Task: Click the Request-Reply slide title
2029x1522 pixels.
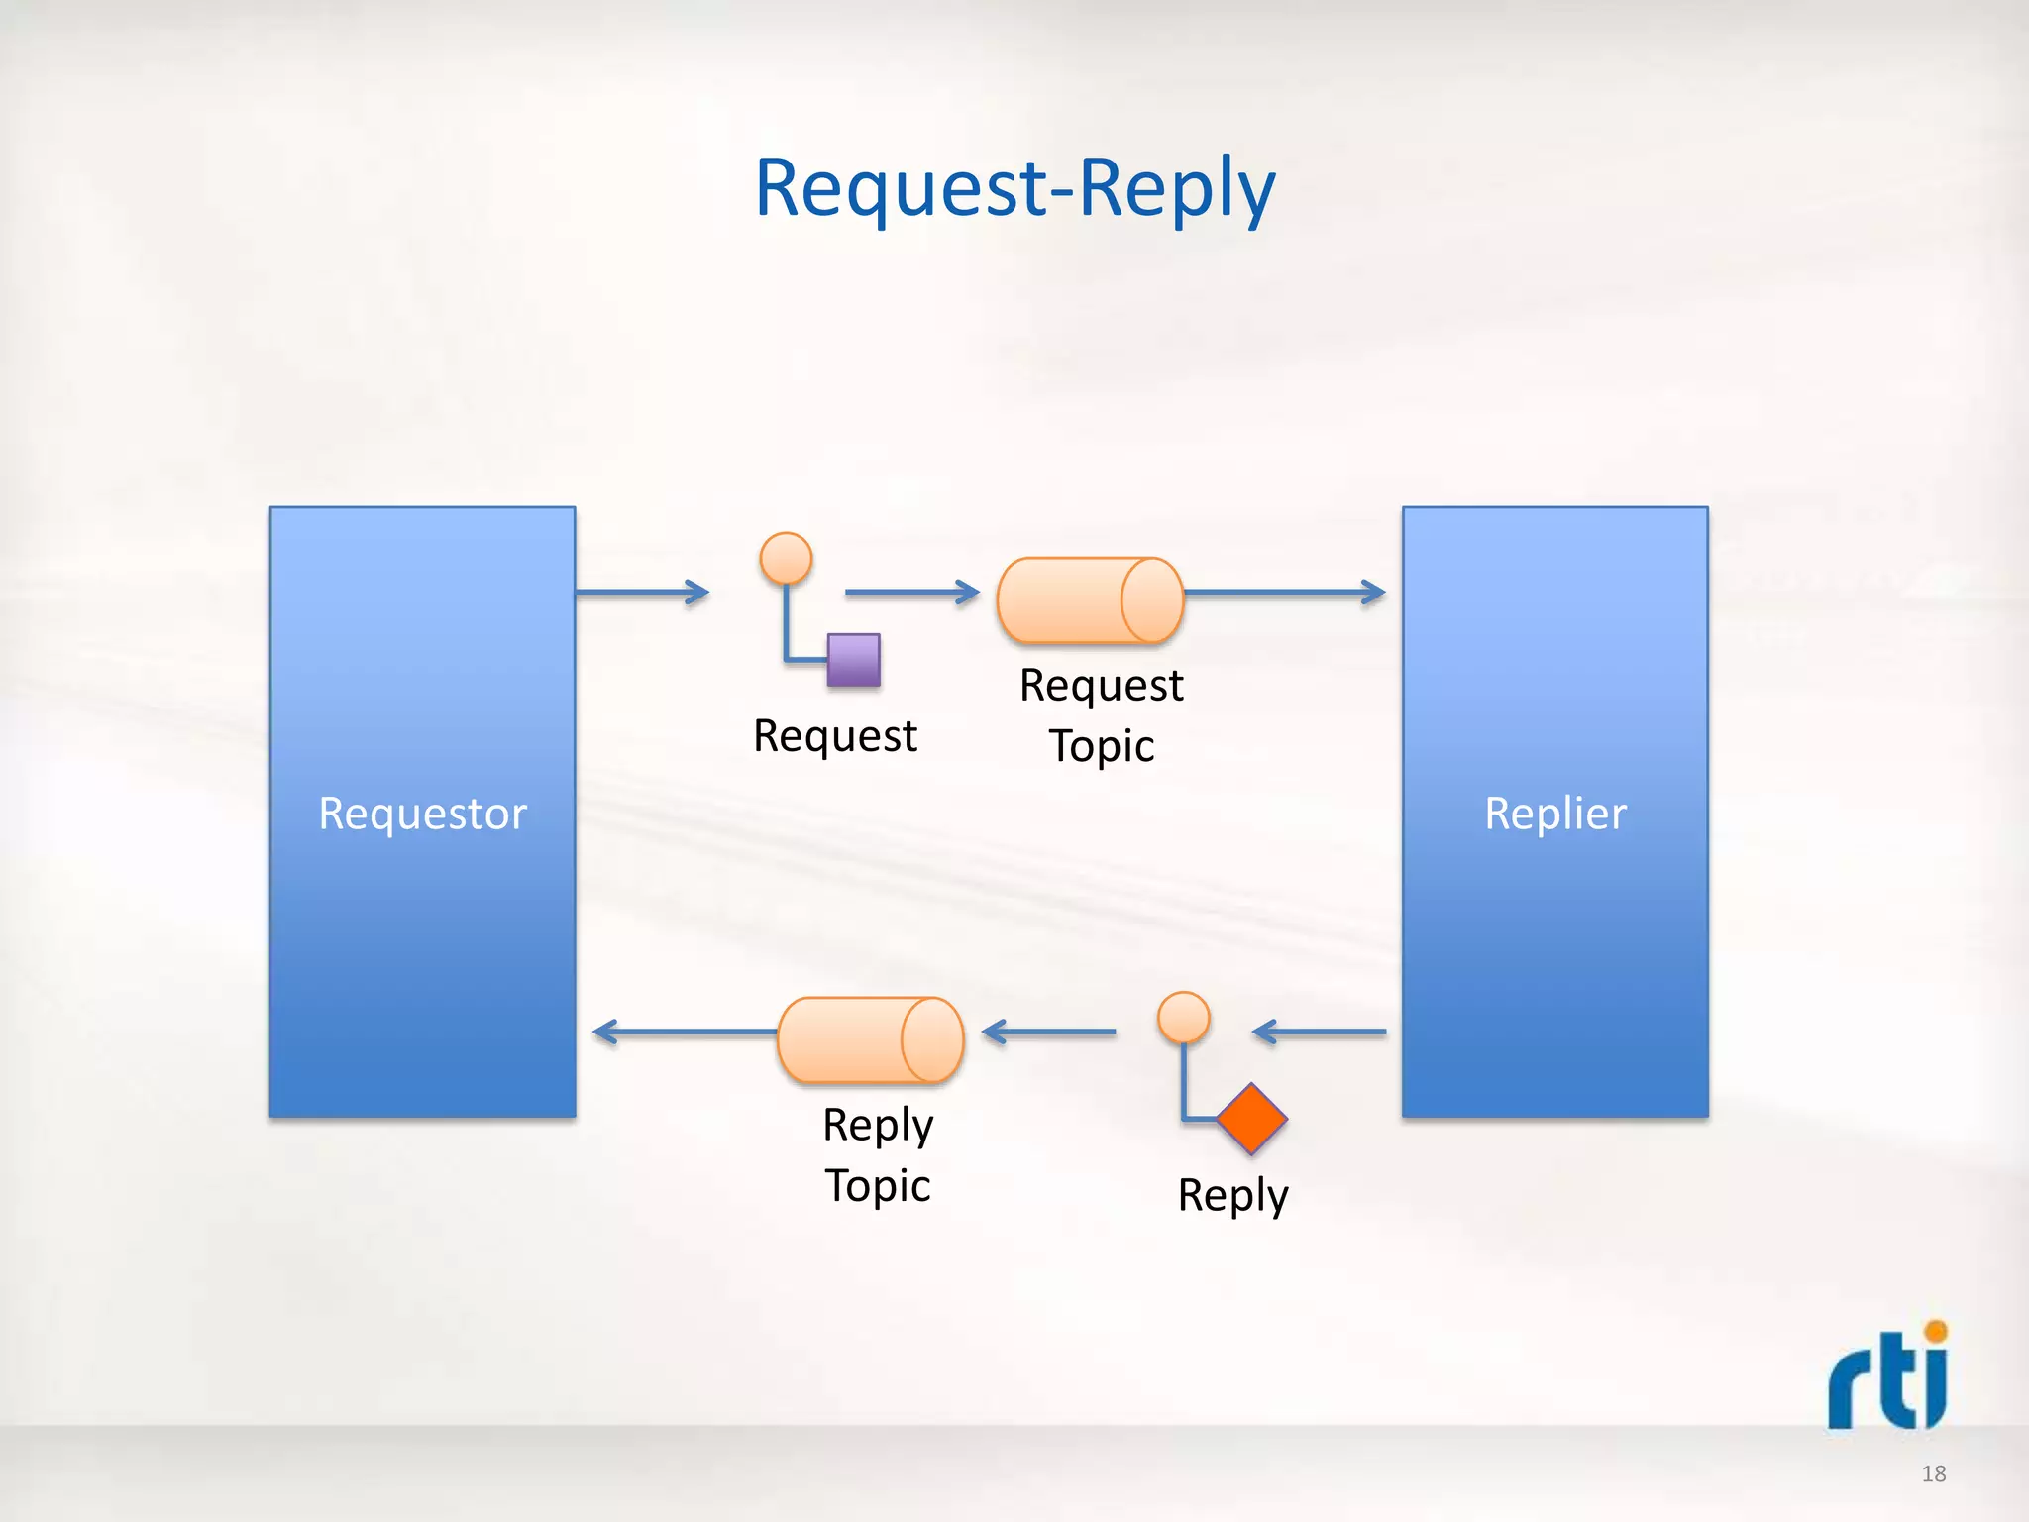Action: pyautogui.click(x=1014, y=188)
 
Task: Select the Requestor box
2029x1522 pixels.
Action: pyautogui.click(x=422, y=813)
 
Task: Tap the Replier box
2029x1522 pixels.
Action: pyautogui.click(x=1554, y=813)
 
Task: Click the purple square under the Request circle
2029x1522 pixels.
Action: pyautogui.click(x=854, y=660)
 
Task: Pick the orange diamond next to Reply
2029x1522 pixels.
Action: pyautogui.click(x=1251, y=1119)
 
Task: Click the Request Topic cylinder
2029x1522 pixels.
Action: pyautogui.click(x=1090, y=600)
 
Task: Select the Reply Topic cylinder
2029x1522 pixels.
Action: pyautogui.click(x=870, y=1039)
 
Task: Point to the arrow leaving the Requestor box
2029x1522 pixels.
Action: pyautogui.click(x=642, y=593)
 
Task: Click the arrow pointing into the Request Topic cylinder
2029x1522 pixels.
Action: pyautogui.click(x=911, y=593)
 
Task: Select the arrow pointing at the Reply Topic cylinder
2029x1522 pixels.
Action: pyautogui.click(x=1048, y=1033)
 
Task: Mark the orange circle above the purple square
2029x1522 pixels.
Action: pyautogui.click(x=786, y=558)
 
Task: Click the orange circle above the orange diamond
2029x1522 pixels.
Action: pyautogui.click(x=1184, y=1018)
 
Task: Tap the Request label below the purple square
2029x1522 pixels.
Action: pyautogui.click(x=835, y=736)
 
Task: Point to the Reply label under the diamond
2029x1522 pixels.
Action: pyautogui.click(x=1232, y=1195)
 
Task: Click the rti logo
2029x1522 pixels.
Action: pyautogui.click(x=1887, y=1377)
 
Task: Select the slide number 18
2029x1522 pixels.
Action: pyautogui.click(x=1934, y=1473)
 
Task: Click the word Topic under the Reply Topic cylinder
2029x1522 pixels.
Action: pyautogui.click(x=878, y=1186)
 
